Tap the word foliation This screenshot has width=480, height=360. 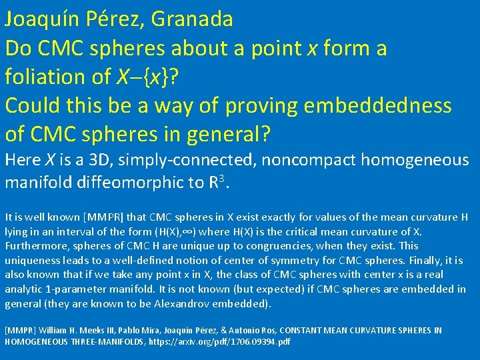click(x=55, y=77)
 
